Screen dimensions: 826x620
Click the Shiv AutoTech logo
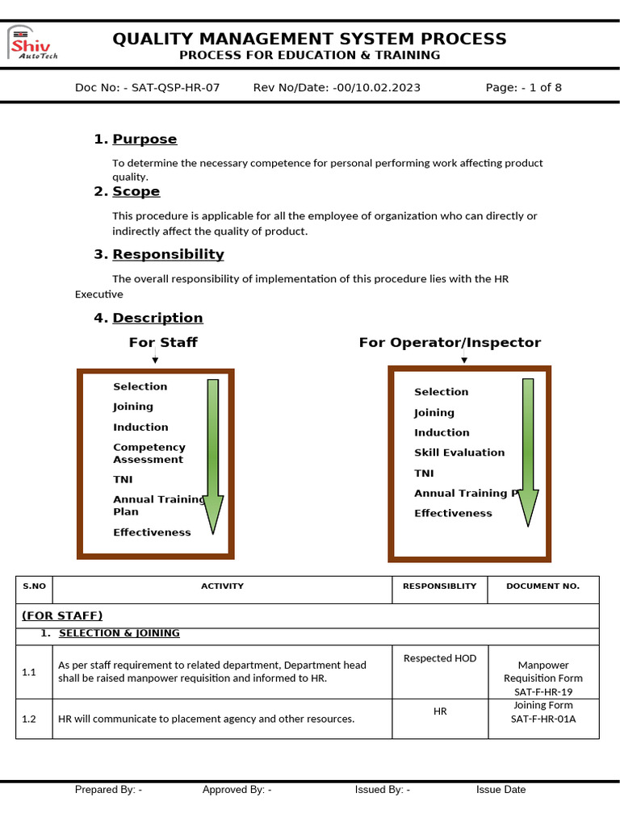(x=33, y=44)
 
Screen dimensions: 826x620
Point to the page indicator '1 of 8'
(x=546, y=88)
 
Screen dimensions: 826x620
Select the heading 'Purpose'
(x=145, y=140)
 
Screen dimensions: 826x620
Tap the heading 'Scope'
(x=136, y=192)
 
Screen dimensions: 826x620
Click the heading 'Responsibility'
(x=168, y=255)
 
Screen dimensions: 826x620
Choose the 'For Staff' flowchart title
(x=163, y=343)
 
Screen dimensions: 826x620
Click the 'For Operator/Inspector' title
(x=450, y=343)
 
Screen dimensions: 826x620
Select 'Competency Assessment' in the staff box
(x=149, y=453)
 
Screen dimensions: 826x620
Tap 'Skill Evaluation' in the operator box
(x=459, y=453)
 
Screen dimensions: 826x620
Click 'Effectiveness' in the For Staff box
(x=152, y=532)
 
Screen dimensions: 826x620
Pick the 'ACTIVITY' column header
(x=222, y=586)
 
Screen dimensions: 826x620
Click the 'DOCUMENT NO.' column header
(x=542, y=586)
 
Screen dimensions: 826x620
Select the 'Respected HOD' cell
(x=440, y=658)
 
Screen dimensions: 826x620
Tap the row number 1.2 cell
(x=29, y=719)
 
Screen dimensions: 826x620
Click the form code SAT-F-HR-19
(x=543, y=692)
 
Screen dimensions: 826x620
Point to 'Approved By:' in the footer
(x=237, y=790)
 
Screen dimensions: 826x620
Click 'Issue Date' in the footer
(x=501, y=790)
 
